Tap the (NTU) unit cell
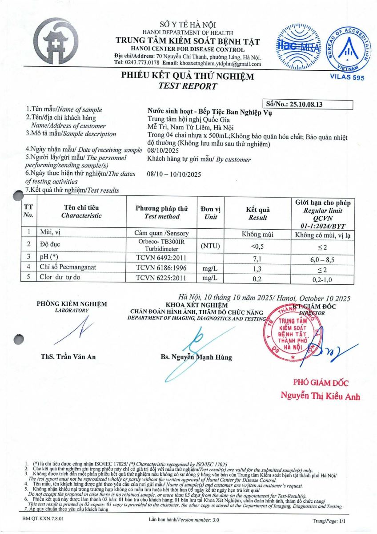coord(211,246)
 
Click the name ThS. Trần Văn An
coord(68,356)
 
